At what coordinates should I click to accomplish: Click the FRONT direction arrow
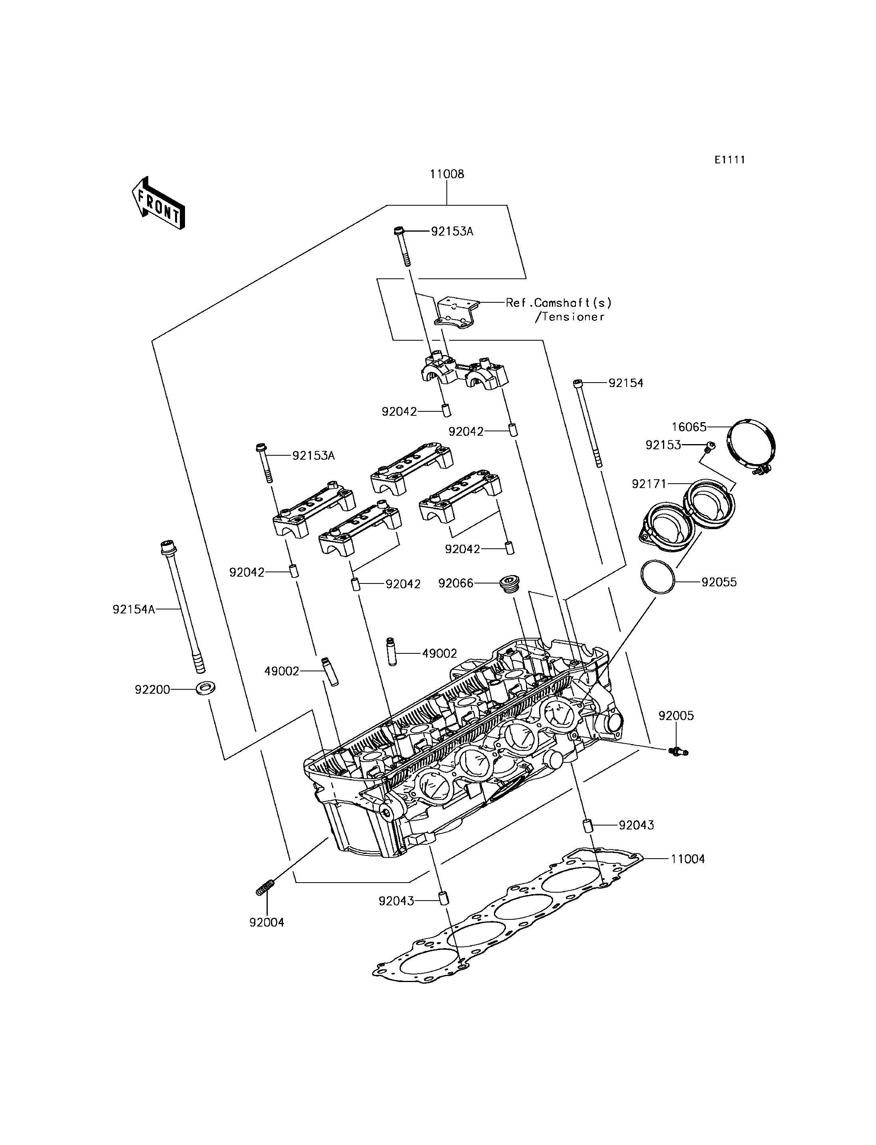point(158,203)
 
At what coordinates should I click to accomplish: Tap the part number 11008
point(447,174)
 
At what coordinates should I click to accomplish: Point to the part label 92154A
point(134,609)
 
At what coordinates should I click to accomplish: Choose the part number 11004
point(688,859)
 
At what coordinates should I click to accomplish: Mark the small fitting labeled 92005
point(677,751)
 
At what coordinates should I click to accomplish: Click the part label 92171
point(649,484)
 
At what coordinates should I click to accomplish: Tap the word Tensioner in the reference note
point(573,317)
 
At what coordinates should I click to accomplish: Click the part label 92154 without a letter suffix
point(626,383)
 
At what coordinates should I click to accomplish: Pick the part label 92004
point(267,923)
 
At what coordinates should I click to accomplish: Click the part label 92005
point(676,716)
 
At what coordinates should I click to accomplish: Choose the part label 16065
point(689,427)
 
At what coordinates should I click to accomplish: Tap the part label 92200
point(152,689)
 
